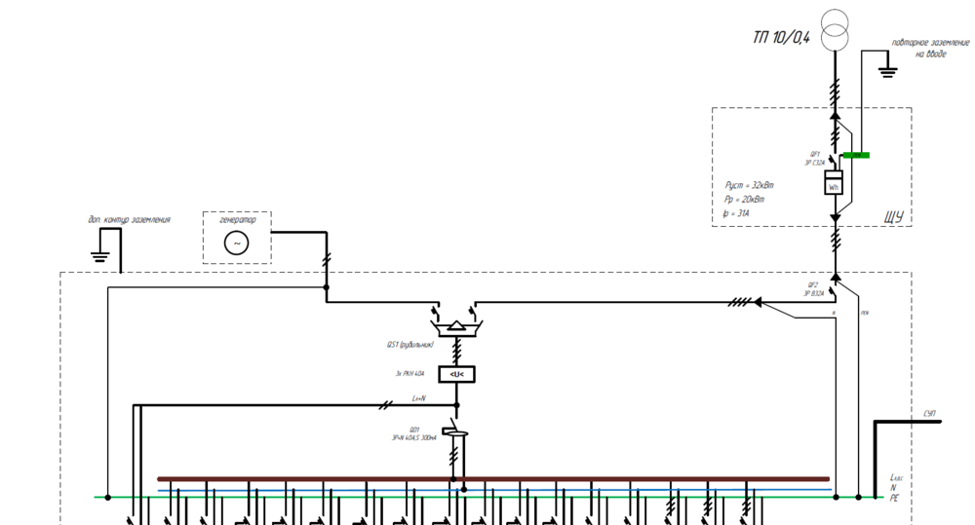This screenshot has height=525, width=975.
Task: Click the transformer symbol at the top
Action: pos(835,30)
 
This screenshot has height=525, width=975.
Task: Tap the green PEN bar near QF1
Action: pos(856,155)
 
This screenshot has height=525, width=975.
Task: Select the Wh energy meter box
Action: pos(834,183)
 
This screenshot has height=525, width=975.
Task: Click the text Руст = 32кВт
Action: pos(750,185)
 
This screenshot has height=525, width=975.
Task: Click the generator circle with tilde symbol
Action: pos(237,244)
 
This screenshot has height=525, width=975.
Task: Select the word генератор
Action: pos(237,219)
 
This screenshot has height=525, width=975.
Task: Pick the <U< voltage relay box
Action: pos(455,374)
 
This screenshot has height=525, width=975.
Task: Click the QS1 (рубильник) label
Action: pos(409,345)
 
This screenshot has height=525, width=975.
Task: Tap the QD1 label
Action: pos(414,430)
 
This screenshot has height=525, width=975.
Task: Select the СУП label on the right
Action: pos(930,415)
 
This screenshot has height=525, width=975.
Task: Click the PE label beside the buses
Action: pos(894,498)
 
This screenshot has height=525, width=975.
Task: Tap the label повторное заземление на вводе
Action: pos(930,49)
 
